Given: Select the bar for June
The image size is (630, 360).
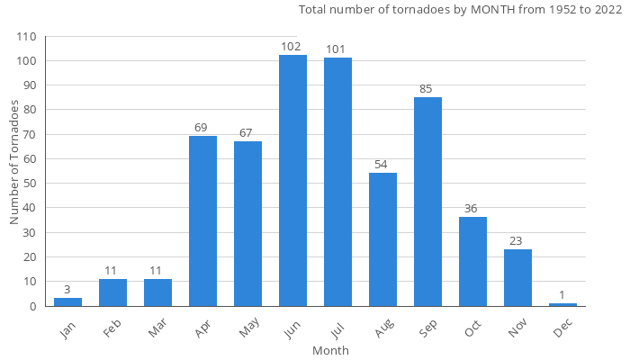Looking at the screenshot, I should click(292, 180).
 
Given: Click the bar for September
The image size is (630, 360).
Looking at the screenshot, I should click(427, 202).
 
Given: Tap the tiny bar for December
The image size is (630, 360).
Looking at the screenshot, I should click(562, 304).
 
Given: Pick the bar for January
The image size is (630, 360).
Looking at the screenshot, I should click(67, 301).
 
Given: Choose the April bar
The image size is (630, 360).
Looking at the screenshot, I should click(202, 220).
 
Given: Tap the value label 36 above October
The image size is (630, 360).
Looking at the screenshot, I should click(471, 209).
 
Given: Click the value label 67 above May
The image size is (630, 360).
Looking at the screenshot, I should click(246, 133).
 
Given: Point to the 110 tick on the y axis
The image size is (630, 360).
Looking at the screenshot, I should click(26, 37).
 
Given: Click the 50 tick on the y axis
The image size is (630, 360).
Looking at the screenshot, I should click(29, 184).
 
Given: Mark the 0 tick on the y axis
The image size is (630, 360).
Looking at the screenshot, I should click(32, 306).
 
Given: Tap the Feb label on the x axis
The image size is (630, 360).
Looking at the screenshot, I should click(111, 329).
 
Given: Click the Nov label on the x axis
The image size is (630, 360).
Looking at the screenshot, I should click(516, 329).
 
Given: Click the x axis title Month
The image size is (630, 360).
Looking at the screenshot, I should click(330, 350).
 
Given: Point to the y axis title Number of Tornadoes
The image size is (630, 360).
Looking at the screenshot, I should click(14, 163).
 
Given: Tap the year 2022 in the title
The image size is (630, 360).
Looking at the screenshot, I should click(606, 10).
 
